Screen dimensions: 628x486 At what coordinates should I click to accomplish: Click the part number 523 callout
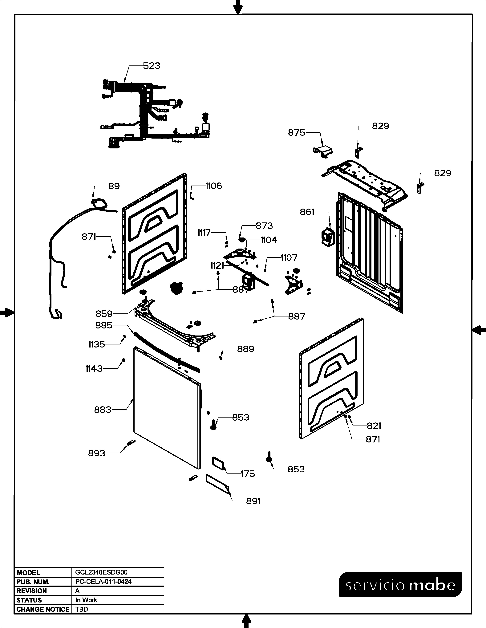[152, 66]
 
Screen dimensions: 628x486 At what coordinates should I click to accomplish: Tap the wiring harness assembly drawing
[156, 115]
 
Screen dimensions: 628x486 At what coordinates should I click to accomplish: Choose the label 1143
[94, 369]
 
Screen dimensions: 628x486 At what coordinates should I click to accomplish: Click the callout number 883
[103, 410]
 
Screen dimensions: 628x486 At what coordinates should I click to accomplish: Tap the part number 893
[96, 453]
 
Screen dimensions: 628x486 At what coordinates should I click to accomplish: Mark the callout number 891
[253, 501]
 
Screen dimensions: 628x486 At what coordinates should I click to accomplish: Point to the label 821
[374, 426]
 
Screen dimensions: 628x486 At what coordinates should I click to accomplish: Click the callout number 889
[246, 349]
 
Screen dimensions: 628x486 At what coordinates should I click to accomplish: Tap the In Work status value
[86, 600]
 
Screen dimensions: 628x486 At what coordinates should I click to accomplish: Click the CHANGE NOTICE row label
[43, 609]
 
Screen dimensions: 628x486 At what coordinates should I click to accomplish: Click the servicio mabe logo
[400, 585]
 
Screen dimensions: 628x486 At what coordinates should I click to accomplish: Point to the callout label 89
[114, 186]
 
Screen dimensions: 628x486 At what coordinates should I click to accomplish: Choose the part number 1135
[96, 344]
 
